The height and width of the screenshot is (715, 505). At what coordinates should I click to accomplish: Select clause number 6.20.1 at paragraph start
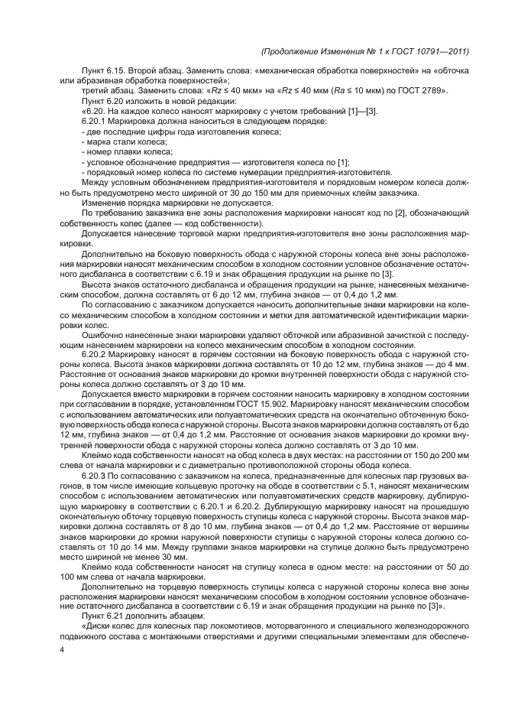coord(95,122)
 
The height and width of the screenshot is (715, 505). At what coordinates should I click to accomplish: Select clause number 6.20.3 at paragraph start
coord(95,475)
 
